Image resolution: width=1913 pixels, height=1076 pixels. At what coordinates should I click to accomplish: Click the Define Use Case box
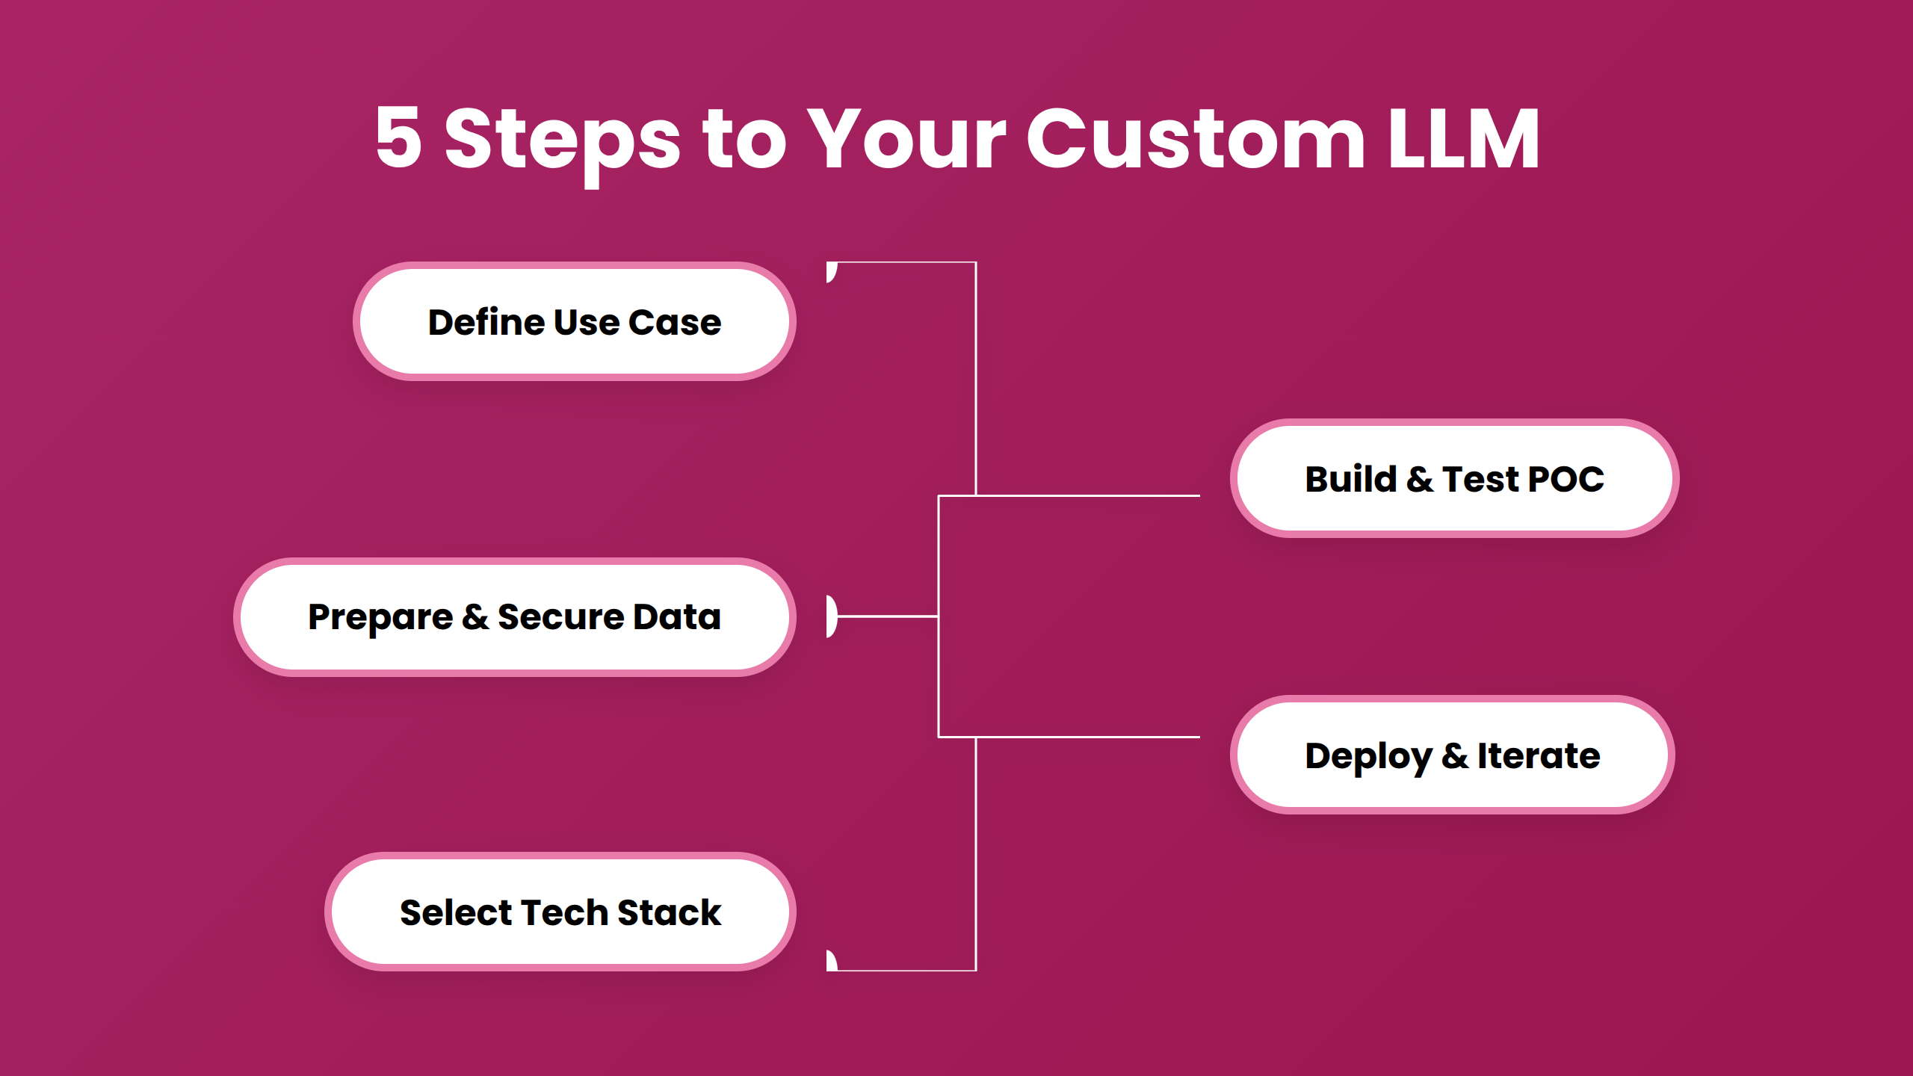pyautogui.click(x=574, y=321)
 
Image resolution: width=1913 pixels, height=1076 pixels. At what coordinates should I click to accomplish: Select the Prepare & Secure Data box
pyautogui.click(x=514, y=617)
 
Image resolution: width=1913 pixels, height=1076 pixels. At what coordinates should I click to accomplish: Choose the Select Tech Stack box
pyautogui.click(x=560, y=912)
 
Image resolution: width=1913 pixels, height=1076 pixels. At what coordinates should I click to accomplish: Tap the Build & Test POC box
pyautogui.click(x=1454, y=478)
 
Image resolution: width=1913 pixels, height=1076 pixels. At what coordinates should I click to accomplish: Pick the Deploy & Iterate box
pyautogui.click(x=1452, y=755)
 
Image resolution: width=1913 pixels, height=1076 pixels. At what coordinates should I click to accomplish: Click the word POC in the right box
pyautogui.click(x=1566, y=479)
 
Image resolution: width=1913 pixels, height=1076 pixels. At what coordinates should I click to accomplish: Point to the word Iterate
pyautogui.click(x=1539, y=755)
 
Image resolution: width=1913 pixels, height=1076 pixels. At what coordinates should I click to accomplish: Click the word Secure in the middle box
pyautogui.click(x=560, y=617)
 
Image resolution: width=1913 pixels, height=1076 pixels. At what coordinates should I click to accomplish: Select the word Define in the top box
pyautogui.click(x=486, y=322)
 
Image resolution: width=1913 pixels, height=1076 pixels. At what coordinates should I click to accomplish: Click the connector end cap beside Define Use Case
pyautogui.click(x=831, y=272)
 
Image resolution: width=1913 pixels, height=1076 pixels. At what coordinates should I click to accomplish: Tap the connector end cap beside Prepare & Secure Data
pyautogui.click(x=832, y=616)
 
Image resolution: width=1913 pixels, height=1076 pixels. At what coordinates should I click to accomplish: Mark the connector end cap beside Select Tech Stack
pyautogui.click(x=831, y=960)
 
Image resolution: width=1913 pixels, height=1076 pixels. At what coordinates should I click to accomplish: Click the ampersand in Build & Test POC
pyautogui.click(x=1419, y=479)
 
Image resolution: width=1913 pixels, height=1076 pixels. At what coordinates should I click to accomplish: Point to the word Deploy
pyautogui.click(x=1367, y=757)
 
